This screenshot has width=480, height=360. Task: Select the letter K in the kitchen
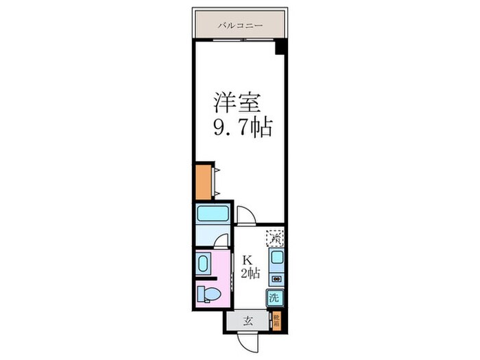(248, 260)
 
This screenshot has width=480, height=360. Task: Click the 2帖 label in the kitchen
(250, 274)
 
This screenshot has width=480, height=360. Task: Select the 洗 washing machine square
(274, 298)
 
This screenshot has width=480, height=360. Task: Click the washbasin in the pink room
(203, 263)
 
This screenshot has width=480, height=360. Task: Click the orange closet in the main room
(204, 181)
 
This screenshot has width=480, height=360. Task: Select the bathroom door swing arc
(220, 241)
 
